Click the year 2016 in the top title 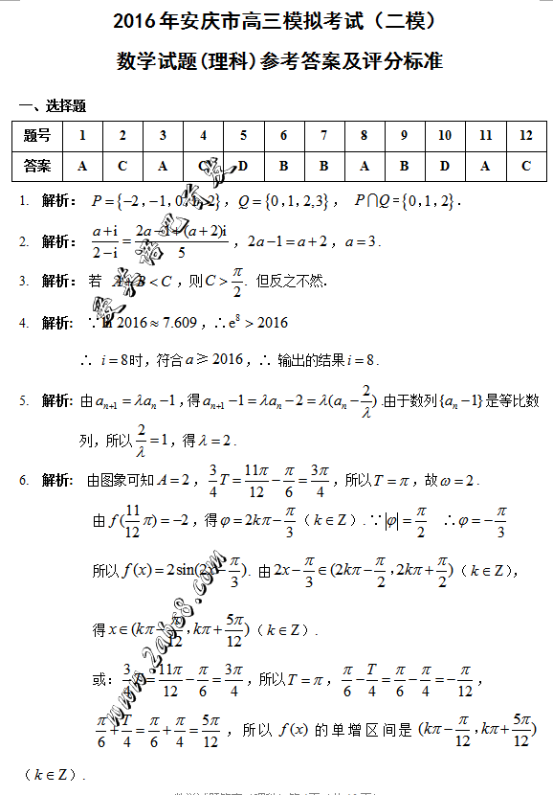[x=136, y=20]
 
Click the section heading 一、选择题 [x=53, y=105]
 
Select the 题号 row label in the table [x=37, y=136]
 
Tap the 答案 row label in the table [x=37, y=166]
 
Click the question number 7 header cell [x=324, y=136]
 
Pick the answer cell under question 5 [x=244, y=166]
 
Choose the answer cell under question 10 [x=445, y=166]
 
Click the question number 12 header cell [x=525, y=136]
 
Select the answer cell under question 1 [x=82, y=166]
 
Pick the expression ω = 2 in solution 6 [x=456, y=479]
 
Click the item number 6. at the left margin [x=24, y=479]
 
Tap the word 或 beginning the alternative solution [x=99, y=681]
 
